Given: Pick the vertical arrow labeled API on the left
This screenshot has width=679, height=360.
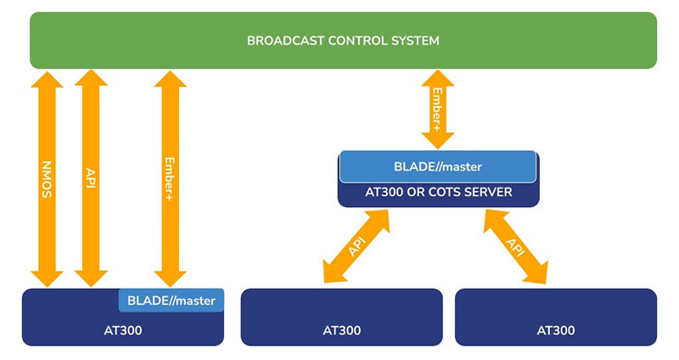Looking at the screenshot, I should click(x=91, y=179).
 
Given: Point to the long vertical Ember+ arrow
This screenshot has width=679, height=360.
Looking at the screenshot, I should click(x=171, y=179).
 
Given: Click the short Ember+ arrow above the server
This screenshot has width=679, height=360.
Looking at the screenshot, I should click(x=438, y=109).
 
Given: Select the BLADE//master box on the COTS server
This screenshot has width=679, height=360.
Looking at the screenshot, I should click(x=438, y=166).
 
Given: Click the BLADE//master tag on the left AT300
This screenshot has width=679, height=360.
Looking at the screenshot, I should click(x=171, y=300).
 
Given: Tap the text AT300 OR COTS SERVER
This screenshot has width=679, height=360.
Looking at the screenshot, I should click(x=439, y=193).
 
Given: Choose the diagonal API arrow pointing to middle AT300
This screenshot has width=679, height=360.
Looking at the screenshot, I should click(x=356, y=245).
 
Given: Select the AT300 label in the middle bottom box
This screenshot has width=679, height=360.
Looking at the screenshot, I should click(x=341, y=330).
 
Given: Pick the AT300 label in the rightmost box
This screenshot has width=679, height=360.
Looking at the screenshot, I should click(x=556, y=330).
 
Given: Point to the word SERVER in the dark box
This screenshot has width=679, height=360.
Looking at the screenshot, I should click(x=489, y=193).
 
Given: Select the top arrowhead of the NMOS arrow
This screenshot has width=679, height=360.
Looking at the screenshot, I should click(x=48, y=80).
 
